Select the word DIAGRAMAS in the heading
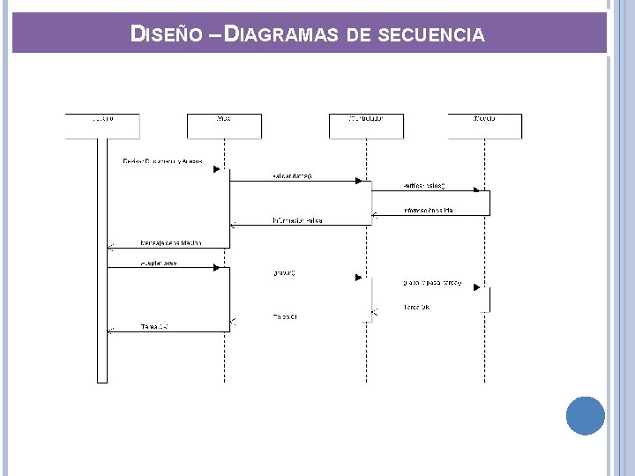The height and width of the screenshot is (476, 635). [x=282, y=34]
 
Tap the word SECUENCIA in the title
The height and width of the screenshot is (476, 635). [x=430, y=35]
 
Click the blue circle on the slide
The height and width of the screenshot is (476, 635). [x=585, y=415]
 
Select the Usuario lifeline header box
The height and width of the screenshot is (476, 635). [x=102, y=126]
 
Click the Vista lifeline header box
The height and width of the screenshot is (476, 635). [x=224, y=126]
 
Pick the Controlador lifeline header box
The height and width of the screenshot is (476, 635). [x=366, y=126]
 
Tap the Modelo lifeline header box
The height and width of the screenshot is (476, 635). [x=484, y=126]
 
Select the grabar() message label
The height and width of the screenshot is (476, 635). [x=285, y=272]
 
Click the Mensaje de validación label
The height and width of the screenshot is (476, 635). [x=171, y=242]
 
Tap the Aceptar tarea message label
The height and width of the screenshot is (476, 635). [x=159, y=263]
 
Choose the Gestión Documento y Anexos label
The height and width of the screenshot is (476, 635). [x=162, y=161]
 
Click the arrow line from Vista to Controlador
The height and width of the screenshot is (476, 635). [x=295, y=182]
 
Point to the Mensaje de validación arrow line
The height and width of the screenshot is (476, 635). [x=168, y=248]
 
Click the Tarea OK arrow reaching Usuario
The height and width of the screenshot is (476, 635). [x=168, y=331]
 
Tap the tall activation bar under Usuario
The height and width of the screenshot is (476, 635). [x=102, y=264]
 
